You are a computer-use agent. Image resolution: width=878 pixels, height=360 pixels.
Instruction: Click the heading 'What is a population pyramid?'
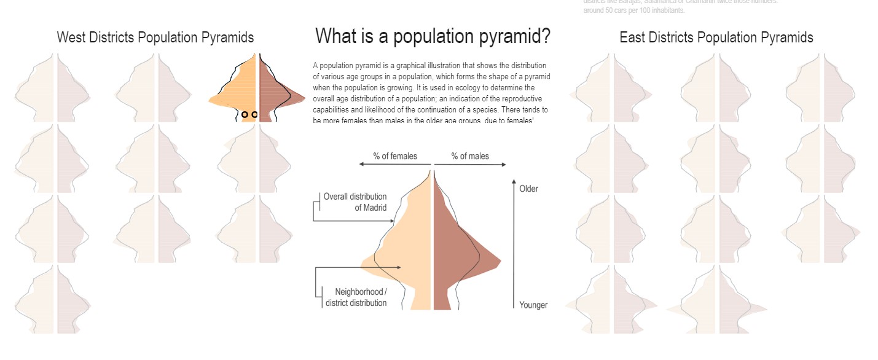(x=433, y=37)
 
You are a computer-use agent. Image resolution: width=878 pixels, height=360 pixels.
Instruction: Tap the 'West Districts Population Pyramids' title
(x=155, y=37)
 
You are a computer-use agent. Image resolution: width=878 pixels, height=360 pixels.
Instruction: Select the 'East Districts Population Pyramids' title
(x=716, y=37)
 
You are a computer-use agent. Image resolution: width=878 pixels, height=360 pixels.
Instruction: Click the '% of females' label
(x=394, y=156)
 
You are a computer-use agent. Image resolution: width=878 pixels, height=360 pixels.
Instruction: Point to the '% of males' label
(x=470, y=156)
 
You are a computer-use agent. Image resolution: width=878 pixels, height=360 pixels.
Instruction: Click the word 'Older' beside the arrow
(x=528, y=189)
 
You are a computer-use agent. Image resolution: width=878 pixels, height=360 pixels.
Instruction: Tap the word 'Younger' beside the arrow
(x=533, y=305)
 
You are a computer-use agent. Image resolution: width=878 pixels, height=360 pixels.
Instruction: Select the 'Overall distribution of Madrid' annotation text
(x=355, y=202)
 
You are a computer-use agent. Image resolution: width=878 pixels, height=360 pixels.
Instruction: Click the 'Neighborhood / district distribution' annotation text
(x=356, y=297)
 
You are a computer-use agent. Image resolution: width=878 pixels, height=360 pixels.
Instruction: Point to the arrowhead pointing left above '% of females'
(x=362, y=165)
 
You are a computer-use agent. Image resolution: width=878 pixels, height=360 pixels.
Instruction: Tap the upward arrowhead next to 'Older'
(x=514, y=182)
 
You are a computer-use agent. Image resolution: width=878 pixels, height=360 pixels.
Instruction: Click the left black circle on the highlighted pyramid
(x=245, y=114)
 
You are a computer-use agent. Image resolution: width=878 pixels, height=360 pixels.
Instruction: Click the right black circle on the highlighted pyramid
(x=254, y=114)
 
